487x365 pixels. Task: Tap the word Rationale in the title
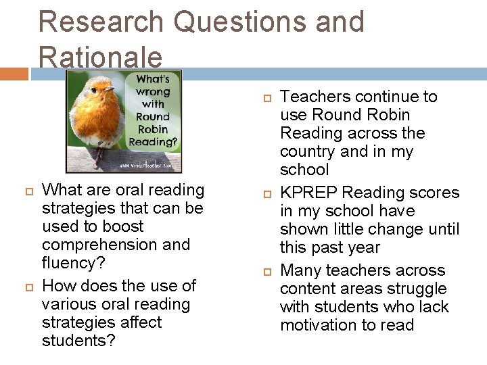(100, 57)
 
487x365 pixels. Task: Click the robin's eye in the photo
(106, 87)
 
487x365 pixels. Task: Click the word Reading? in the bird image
(152, 141)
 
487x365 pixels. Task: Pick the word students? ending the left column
(78, 341)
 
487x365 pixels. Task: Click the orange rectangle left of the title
(14, 73)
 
